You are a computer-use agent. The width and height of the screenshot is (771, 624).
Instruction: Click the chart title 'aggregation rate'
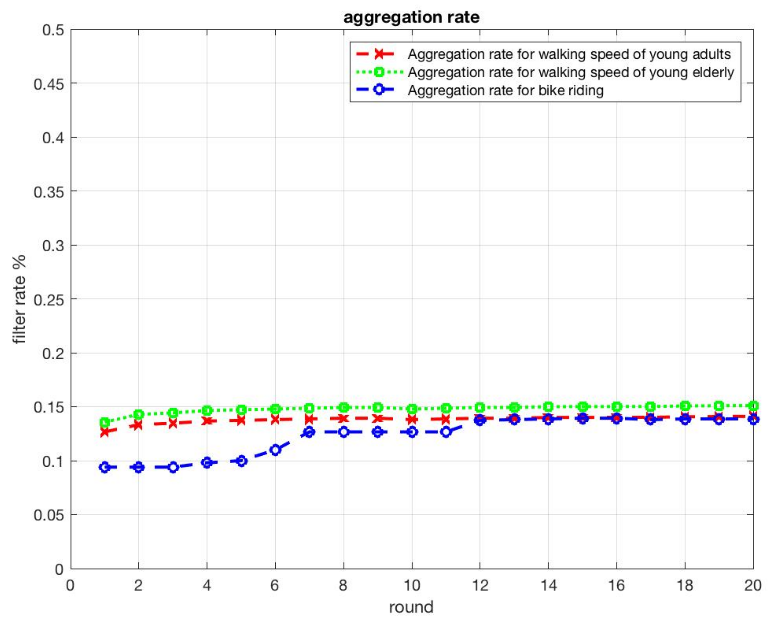[411, 17]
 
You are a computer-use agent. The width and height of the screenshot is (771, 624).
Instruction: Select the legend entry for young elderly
[571, 72]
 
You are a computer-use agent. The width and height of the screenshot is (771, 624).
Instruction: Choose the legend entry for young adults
[569, 54]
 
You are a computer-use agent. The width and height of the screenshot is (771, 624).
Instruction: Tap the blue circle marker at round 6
[275, 450]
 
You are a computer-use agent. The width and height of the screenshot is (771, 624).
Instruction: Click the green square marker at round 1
[105, 422]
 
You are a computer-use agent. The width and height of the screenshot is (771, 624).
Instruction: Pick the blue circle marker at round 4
[207, 463]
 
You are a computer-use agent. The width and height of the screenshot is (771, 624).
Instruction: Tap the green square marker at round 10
[412, 409]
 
